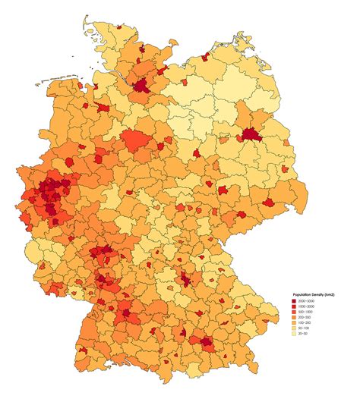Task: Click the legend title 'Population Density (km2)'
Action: (314, 294)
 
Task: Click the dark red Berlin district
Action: (250, 136)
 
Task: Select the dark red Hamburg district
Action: (142, 84)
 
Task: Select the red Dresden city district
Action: (268, 203)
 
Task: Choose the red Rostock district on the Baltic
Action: (205, 58)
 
